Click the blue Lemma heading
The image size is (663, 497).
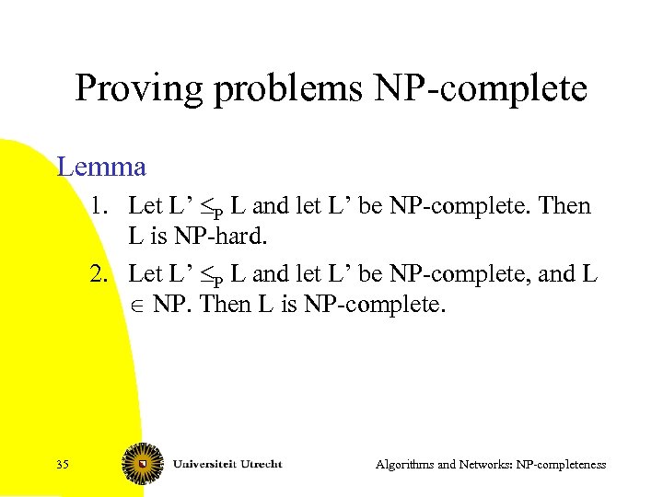click(101, 167)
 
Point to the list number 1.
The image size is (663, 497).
click(99, 205)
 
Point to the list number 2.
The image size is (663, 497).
click(99, 273)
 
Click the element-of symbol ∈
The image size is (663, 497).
click(135, 306)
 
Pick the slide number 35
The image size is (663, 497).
click(62, 464)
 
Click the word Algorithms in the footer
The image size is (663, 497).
click(406, 465)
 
